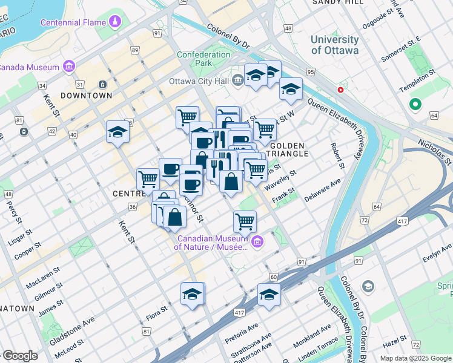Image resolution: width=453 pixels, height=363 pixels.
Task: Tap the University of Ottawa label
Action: click(334, 45)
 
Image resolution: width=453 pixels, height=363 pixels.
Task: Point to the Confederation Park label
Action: click(203, 59)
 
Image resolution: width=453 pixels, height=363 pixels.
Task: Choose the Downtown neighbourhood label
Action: click(87, 96)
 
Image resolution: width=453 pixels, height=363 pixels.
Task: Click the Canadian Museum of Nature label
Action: click(211, 242)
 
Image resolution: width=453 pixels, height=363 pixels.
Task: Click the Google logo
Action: click(19, 356)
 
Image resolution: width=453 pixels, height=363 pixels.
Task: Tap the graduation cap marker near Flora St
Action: click(193, 294)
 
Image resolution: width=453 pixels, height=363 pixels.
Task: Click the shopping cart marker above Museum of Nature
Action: click(245, 221)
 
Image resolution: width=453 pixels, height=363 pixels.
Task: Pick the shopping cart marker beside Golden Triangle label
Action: click(265, 129)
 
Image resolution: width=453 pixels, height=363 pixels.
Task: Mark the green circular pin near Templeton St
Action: click(415, 105)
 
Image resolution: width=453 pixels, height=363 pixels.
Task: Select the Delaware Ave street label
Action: click(323, 188)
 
